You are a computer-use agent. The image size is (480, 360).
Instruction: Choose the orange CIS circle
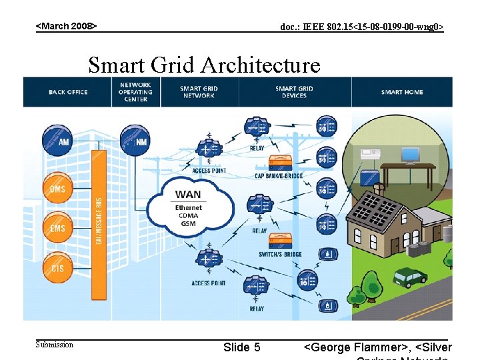pos(58,267)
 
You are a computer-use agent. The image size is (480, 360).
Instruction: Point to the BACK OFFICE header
pos(68,92)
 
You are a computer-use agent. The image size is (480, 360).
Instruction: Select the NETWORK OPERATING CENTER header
pos(136,92)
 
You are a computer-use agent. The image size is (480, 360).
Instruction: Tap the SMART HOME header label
pos(402,92)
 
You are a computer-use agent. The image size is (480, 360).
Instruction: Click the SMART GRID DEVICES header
pos(294,92)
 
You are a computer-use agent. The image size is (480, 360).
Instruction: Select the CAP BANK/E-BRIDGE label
pos(279,176)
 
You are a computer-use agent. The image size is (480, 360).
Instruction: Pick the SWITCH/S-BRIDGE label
pos(280,254)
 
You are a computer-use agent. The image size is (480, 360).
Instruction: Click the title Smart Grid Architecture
pos(204,65)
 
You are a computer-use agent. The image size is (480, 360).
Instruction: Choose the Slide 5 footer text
pos(241,347)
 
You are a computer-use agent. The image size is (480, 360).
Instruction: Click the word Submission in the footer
pos(55,345)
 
